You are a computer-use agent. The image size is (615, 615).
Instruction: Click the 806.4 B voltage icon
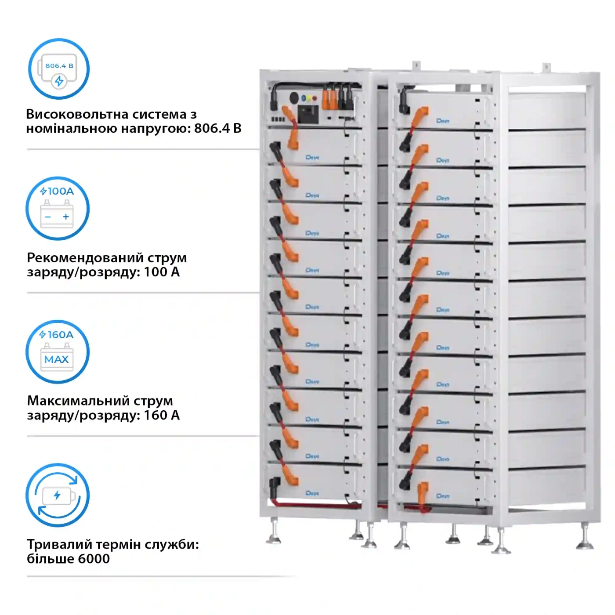[59, 69]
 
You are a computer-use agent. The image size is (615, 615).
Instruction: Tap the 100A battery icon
[58, 208]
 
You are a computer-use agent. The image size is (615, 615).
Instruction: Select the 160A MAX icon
[58, 352]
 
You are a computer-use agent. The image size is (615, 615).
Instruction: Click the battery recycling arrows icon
[58, 495]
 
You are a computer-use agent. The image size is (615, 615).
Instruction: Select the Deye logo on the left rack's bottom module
[312, 493]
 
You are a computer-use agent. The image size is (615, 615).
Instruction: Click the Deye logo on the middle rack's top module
[442, 120]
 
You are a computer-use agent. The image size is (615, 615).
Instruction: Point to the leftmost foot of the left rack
[274, 539]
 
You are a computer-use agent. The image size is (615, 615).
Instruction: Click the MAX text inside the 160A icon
[57, 359]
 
